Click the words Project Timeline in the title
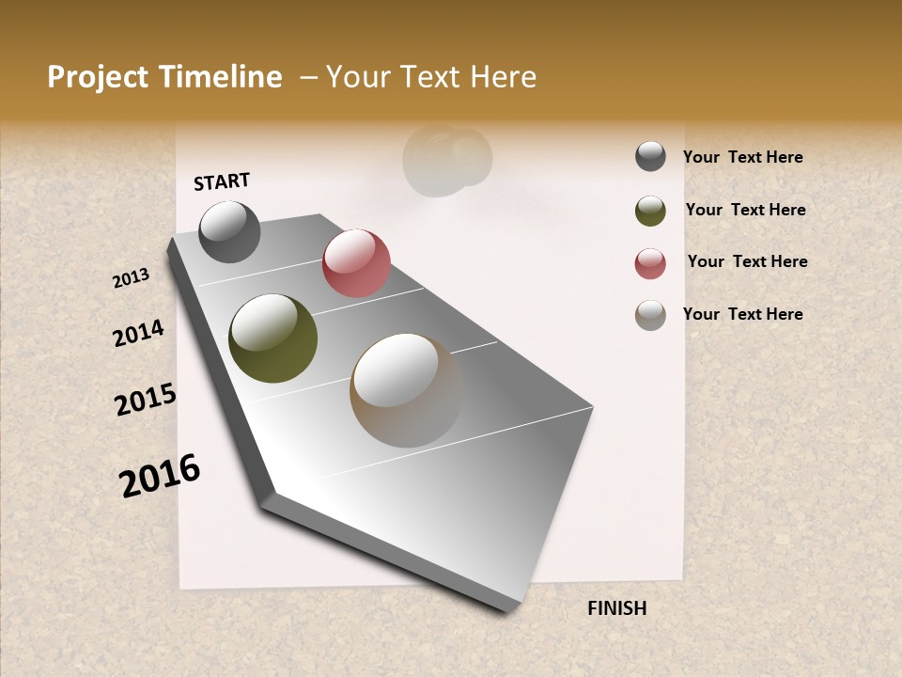(164, 77)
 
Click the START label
(222, 181)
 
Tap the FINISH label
(616, 608)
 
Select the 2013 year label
(132, 278)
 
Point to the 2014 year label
(138, 333)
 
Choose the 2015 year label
(146, 399)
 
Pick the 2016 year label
(160, 475)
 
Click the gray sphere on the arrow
(229, 231)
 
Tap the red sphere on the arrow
(356, 262)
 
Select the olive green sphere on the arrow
(272, 338)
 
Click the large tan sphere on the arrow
(406, 389)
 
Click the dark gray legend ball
(650, 156)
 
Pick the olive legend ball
(650, 211)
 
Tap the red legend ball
(650, 263)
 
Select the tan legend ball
(650, 315)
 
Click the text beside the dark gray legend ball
(742, 158)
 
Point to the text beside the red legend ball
(747, 261)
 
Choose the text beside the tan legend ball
(742, 314)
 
